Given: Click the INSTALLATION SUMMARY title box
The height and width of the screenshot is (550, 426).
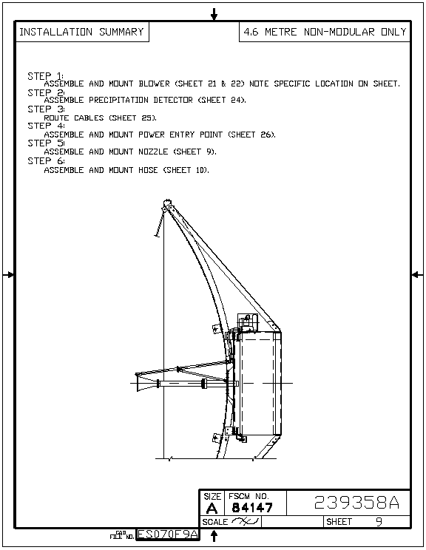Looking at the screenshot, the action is (82, 32).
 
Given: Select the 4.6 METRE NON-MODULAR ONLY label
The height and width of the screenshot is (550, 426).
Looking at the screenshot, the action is (325, 32).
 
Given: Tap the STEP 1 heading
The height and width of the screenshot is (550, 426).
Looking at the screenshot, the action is (46, 75).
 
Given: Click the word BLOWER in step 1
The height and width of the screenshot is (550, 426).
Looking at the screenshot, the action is (154, 84).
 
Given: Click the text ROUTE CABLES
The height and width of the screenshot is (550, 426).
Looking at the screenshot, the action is (74, 118).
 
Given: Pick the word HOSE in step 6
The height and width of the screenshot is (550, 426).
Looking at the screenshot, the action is (148, 170).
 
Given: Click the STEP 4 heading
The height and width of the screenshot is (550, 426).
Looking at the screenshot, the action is (47, 126).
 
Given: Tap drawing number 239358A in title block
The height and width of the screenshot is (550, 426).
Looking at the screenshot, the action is (356, 502).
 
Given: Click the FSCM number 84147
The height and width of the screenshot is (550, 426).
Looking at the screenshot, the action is (252, 508).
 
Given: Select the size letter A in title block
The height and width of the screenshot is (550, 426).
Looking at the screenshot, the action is (212, 508).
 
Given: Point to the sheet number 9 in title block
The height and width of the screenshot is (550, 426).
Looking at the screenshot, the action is (379, 522).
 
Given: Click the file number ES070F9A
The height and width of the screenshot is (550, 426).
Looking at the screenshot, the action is (168, 534).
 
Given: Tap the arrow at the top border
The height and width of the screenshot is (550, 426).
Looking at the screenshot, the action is (214, 14).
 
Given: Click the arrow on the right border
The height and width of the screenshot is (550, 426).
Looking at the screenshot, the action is (417, 275).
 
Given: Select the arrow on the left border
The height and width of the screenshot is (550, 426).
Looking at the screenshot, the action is (8, 275).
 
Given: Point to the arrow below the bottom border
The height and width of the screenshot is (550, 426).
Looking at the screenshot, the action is (214, 536).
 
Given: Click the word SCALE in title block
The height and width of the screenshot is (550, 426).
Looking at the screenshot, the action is (214, 522).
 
